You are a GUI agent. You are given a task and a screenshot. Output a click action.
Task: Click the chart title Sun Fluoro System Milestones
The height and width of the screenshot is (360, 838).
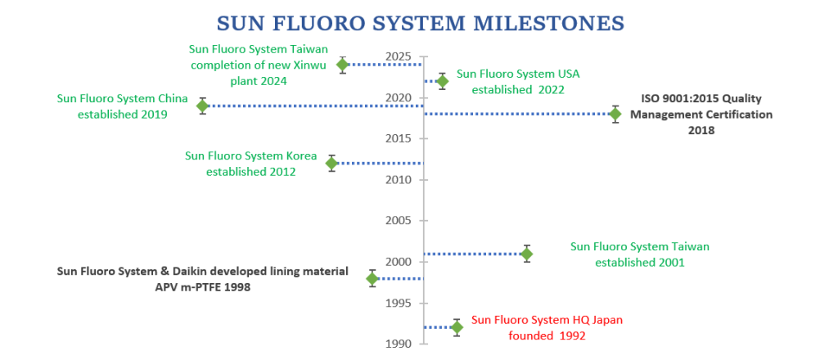point(421,24)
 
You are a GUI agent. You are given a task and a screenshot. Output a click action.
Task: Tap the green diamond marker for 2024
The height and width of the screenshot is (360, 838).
point(343,65)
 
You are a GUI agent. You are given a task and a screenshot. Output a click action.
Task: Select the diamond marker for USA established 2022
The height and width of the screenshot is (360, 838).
point(442,81)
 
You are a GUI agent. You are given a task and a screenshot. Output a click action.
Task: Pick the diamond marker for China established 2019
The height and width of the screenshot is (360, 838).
point(202,106)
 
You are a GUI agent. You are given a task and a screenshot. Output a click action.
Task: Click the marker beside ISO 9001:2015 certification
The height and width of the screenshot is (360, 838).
point(615,114)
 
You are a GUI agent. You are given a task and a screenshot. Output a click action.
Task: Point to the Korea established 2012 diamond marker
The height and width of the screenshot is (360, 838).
point(332,163)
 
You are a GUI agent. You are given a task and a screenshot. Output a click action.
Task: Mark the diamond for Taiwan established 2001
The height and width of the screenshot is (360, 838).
point(527,254)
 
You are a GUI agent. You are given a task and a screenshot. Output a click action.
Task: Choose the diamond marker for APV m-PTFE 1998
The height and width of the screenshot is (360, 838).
point(372,278)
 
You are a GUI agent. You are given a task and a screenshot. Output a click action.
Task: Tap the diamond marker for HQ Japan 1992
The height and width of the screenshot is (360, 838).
point(457,327)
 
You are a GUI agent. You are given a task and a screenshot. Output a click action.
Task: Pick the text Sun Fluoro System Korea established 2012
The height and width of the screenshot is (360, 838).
point(251,164)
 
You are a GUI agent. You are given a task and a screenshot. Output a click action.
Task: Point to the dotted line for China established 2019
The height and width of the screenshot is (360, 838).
point(315,106)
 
